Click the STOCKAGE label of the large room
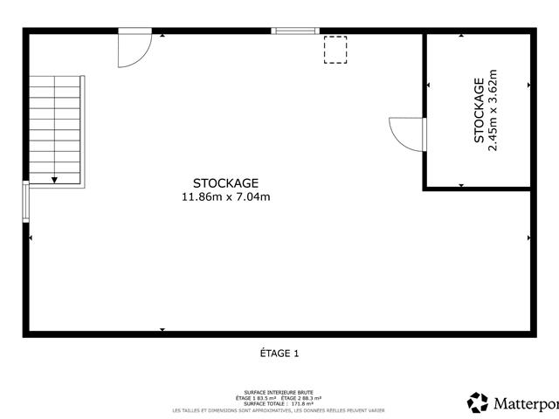pyautogui.click(x=225, y=183)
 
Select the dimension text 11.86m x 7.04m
pyautogui.click(x=225, y=197)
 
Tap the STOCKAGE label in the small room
pyautogui.click(x=479, y=111)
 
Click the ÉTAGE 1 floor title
pyautogui.click(x=279, y=354)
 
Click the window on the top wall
pyautogui.click(x=293, y=31)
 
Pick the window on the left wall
pyautogui.click(x=26, y=203)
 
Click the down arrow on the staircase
pyautogui.click(x=54, y=179)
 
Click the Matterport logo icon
pyautogui.click(x=478, y=402)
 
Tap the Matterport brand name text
pyautogui.click(x=525, y=403)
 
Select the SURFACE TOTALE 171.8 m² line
pyautogui.click(x=279, y=403)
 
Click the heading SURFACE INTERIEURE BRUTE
pyautogui.click(x=279, y=393)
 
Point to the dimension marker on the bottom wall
pyautogui.click(x=162, y=329)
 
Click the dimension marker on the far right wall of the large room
pyautogui.click(x=528, y=237)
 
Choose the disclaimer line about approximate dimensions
pyautogui.click(x=279, y=410)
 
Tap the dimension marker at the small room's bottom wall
pyautogui.click(x=460, y=184)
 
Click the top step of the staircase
pyautogui.click(x=57, y=81)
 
